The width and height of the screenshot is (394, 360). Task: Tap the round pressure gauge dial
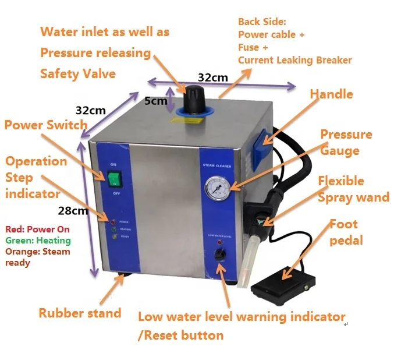click(217, 188)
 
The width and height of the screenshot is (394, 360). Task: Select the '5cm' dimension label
click(155, 101)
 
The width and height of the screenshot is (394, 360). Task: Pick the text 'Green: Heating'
click(38, 240)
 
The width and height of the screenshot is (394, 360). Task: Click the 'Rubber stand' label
click(80, 313)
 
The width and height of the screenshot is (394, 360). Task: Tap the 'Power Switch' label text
click(45, 125)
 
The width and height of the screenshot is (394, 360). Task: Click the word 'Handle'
click(331, 94)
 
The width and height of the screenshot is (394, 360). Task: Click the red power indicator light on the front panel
click(112, 222)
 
